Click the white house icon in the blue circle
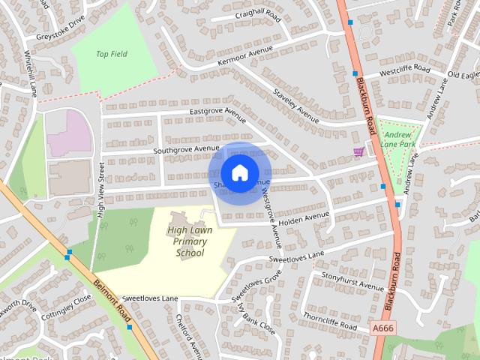click(x=239, y=173)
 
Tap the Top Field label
click(x=112, y=54)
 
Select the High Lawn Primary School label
click(x=190, y=241)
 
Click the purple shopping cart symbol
click(x=359, y=151)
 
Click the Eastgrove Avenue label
click(x=217, y=111)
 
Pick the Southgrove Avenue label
click(x=185, y=149)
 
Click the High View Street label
click(x=100, y=191)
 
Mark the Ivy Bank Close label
click(x=254, y=319)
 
